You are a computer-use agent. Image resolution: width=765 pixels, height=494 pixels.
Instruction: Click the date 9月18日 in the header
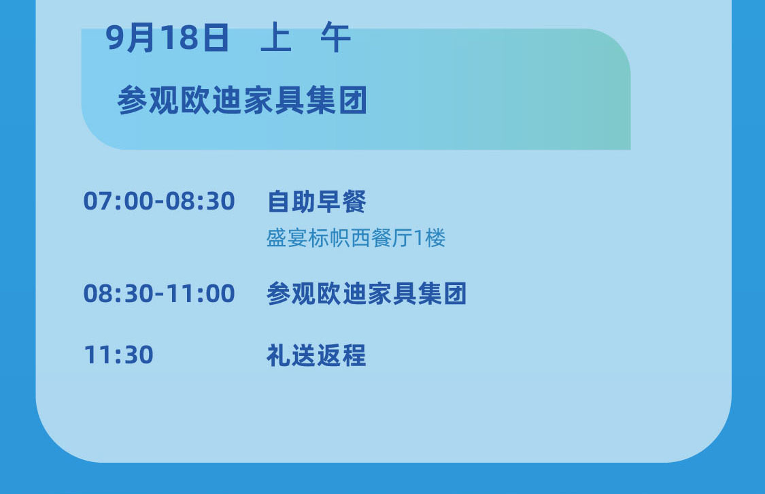167,37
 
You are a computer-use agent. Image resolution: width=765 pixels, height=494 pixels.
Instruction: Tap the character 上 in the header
276,37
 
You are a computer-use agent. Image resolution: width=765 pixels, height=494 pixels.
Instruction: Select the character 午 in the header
336,37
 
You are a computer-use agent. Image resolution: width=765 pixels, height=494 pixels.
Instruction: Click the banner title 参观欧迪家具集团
242,100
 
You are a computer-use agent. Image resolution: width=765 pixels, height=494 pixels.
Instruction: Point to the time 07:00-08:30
159,201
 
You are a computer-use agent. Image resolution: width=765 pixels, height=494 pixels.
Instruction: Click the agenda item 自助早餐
317,201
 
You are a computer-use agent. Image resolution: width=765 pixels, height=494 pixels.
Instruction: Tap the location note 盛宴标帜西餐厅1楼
356,238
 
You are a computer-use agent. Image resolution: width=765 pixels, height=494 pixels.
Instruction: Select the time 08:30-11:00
159,293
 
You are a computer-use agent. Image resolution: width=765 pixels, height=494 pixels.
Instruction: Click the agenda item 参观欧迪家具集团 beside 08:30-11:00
367,293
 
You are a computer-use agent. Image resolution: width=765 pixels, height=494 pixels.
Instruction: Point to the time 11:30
118,355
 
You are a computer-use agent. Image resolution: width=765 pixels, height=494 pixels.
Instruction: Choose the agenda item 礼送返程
316,355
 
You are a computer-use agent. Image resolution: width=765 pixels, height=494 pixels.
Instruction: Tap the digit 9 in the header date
115,37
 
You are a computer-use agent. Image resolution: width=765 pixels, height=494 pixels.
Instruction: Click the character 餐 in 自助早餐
354,201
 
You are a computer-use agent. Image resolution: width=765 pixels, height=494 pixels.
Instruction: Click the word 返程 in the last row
341,355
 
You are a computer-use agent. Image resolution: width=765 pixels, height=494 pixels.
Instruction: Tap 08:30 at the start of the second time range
118,293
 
